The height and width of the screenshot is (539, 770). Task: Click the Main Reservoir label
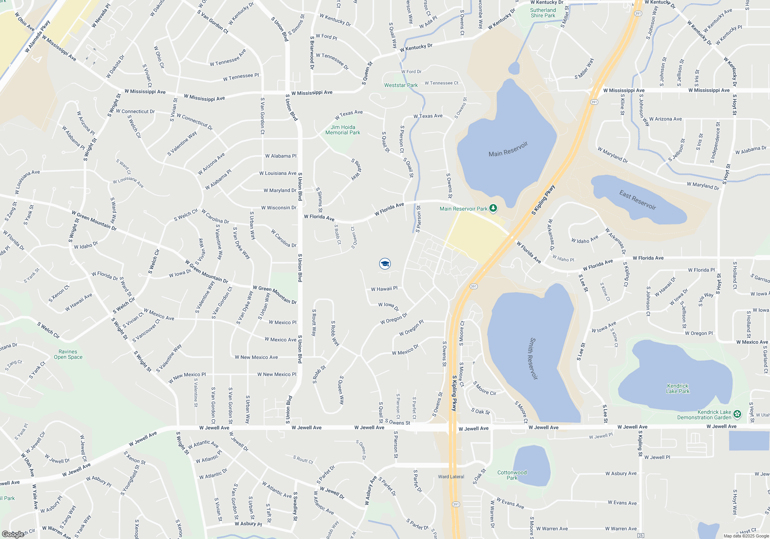pos(508,149)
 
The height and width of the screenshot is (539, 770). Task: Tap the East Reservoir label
pos(638,200)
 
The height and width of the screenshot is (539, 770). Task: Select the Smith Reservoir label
pos(533,358)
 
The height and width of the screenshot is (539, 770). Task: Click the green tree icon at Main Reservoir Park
pos(493,208)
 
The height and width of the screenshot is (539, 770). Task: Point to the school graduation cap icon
pos(385,264)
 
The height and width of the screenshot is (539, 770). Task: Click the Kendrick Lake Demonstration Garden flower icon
pos(737,414)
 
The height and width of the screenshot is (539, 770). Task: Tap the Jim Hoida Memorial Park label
pos(343,130)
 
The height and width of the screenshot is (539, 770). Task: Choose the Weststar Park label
pos(401,85)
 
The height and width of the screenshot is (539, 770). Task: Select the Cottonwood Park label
pos(512,475)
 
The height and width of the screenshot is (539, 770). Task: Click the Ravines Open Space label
pos(68,354)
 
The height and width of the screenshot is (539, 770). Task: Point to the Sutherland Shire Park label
pos(543,13)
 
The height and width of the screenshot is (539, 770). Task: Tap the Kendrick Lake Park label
pos(678,388)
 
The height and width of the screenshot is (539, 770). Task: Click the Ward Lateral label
pos(451,477)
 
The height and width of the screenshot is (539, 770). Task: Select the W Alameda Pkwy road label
pos(37,37)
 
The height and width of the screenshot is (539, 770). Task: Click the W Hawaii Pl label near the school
pos(384,289)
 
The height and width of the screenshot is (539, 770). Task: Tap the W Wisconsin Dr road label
pos(279,208)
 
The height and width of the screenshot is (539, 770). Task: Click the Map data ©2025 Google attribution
pos(746,536)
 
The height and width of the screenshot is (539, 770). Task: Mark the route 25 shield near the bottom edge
pos(641,536)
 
